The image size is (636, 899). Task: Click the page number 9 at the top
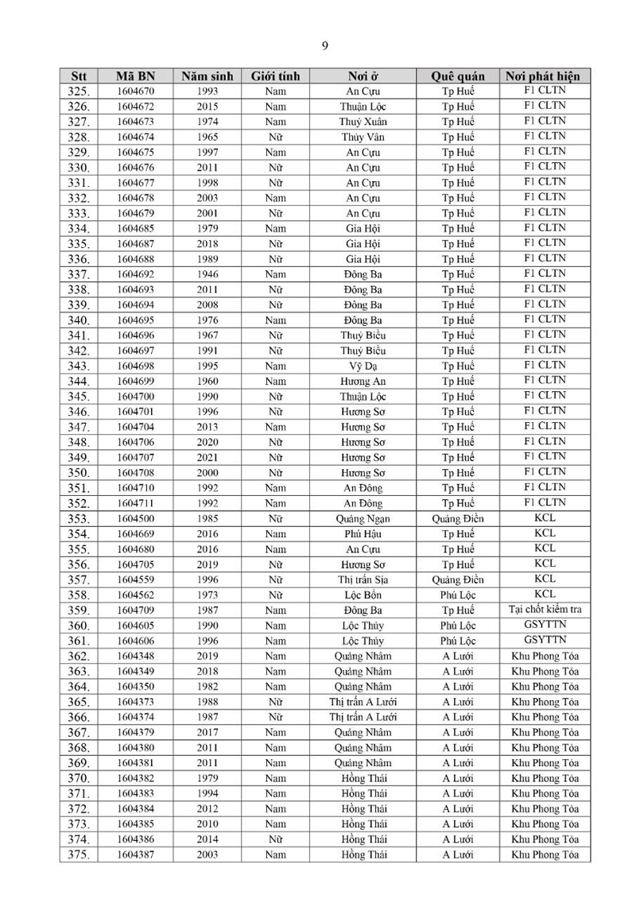click(x=324, y=45)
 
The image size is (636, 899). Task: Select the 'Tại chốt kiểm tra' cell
click(x=545, y=610)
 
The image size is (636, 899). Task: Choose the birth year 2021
click(x=207, y=458)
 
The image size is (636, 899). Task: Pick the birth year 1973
click(x=207, y=595)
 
